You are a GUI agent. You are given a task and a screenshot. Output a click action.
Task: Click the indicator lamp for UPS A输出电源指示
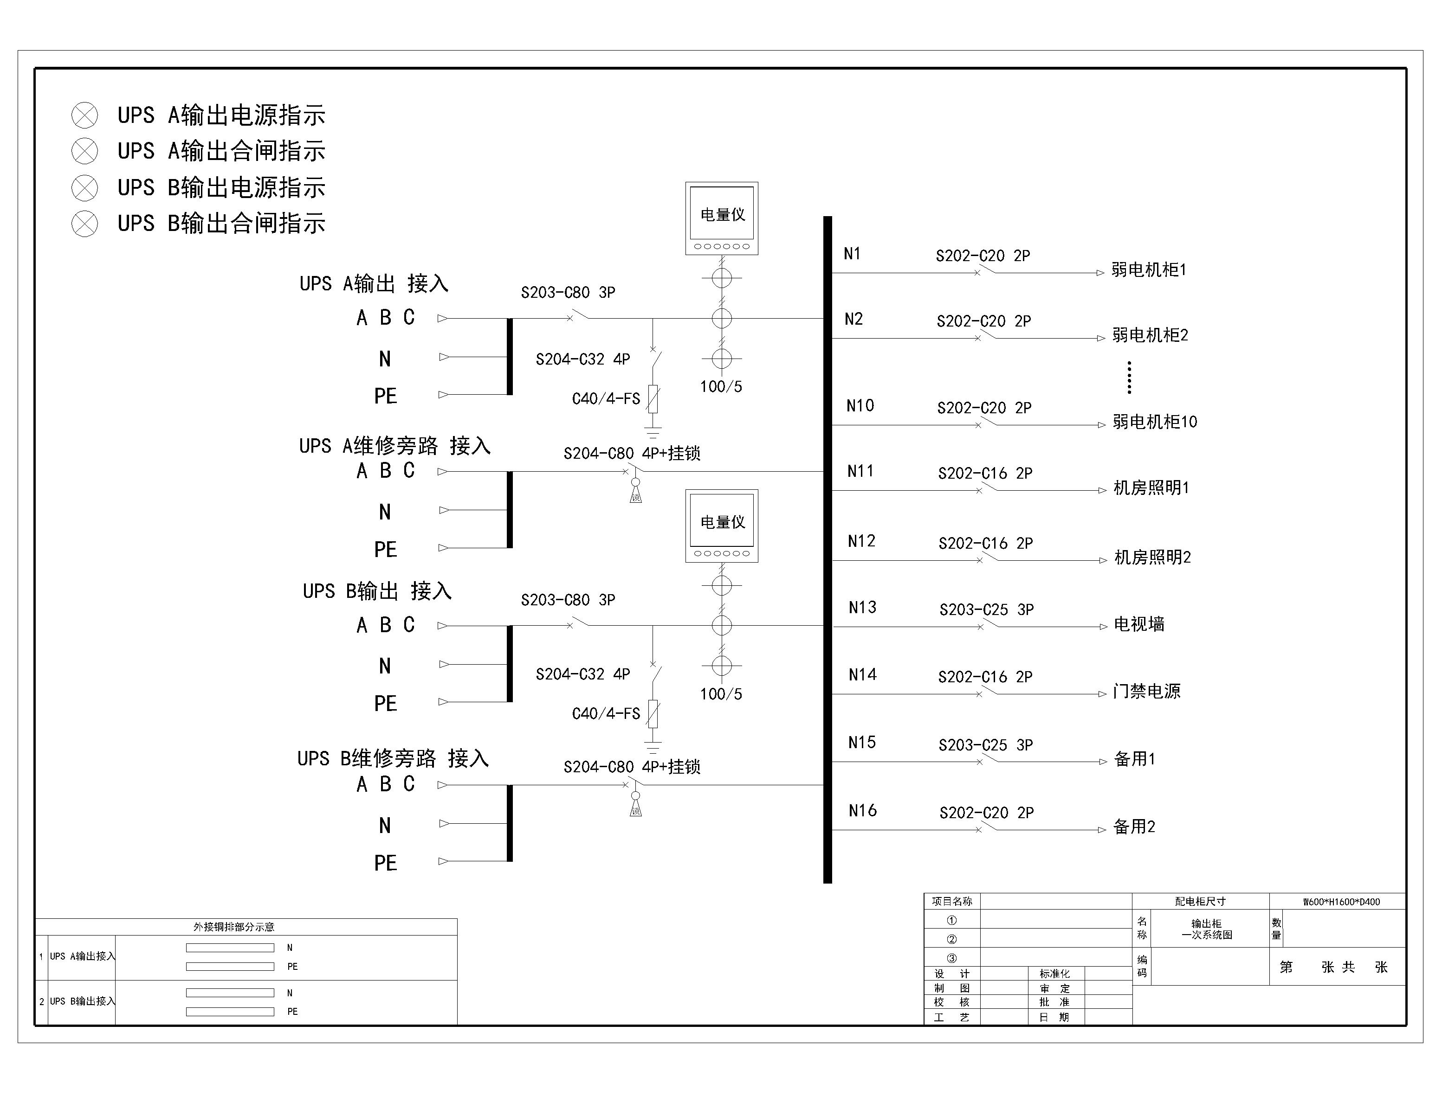85,115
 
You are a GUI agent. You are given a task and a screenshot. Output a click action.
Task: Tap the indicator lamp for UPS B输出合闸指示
85,224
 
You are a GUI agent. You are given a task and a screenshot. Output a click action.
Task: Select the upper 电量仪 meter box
721,218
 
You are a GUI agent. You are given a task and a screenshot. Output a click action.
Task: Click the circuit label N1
852,254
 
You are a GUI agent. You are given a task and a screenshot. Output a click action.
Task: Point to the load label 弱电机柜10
1155,422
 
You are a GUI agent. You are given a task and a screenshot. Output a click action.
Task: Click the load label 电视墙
1138,624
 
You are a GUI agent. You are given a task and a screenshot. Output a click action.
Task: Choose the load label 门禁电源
1147,692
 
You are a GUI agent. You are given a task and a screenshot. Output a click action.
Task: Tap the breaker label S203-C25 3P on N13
986,610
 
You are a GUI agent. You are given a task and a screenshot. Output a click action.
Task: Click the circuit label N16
862,811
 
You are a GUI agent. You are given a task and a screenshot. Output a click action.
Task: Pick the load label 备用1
1135,759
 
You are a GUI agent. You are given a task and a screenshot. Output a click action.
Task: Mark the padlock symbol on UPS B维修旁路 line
635,805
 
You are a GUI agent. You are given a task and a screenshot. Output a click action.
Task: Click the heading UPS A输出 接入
374,284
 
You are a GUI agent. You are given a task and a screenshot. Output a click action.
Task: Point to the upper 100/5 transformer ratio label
721,387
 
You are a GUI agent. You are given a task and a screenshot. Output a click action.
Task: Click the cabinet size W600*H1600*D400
1341,902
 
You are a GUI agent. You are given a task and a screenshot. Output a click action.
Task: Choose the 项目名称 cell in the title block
952,902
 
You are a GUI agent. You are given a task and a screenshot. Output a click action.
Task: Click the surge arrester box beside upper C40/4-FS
653,398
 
